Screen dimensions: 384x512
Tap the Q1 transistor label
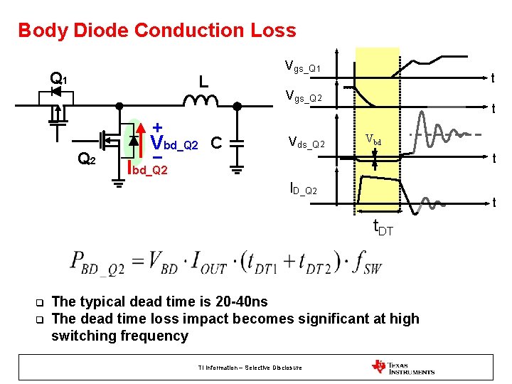(x=58, y=79)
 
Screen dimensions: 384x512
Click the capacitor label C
(x=217, y=144)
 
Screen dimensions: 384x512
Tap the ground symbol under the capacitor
(x=238, y=169)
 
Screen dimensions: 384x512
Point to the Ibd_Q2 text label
(x=146, y=169)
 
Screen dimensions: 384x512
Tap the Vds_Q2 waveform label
(x=306, y=144)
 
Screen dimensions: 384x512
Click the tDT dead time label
(x=383, y=229)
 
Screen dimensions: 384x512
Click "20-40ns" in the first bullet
(x=238, y=302)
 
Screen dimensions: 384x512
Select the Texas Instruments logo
(x=402, y=367)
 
